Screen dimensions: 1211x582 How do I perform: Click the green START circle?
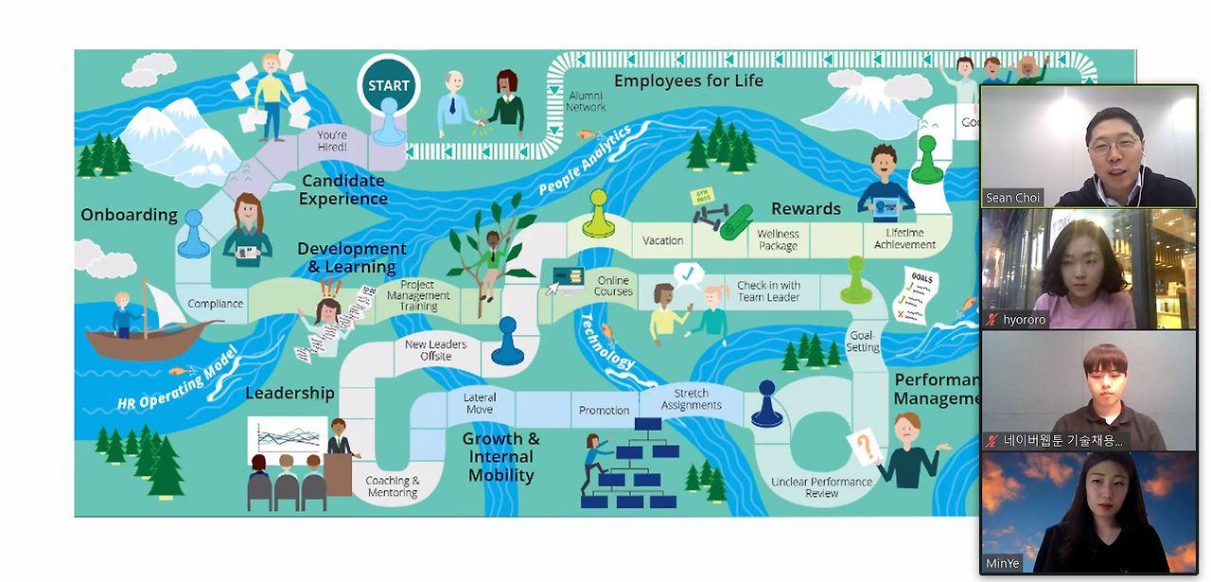[389, 86]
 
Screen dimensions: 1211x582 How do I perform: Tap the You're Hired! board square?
[331, 142]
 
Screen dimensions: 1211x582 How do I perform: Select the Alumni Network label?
[586, 101]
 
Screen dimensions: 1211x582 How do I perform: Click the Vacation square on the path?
[662, 240]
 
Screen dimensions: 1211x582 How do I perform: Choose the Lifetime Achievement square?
[904, 238]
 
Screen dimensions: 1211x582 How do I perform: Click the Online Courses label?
[613, 286]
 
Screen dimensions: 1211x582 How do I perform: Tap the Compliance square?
[215, 304]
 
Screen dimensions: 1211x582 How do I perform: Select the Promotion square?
[604, 410]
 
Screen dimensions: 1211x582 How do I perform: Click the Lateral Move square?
[480, 403]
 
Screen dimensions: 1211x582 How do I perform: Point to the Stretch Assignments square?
[692, 399]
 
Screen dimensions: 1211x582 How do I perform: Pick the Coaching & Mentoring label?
[393, 486]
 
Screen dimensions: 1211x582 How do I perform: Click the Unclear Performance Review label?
[821, 487]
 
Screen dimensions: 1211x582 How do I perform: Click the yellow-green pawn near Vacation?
[597, 214]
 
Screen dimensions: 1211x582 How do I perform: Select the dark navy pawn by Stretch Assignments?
[766, 404]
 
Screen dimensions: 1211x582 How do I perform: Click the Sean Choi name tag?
[1013, 198]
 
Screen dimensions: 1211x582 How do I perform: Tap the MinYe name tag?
[1003, 563]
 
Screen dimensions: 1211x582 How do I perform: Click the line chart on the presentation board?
[287, 441]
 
